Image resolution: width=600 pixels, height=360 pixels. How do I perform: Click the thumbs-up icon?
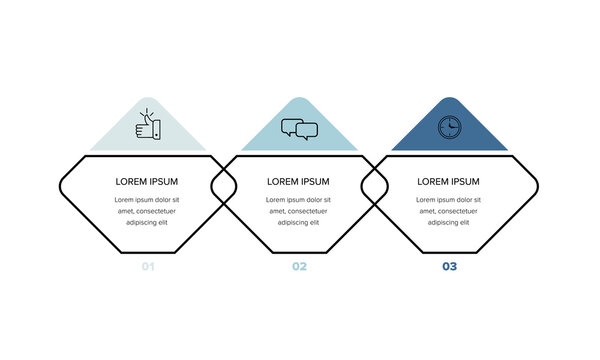click(x=150, y=128)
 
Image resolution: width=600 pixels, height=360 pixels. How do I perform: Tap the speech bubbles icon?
click(x=299, y=129)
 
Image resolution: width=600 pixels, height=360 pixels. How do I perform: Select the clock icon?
click(x=449, y=127)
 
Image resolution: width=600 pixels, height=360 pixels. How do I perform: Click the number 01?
click(x=148, y=267)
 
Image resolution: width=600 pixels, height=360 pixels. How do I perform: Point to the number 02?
click(x=299, y=267)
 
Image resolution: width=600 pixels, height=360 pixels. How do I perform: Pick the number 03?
click(x=449, y=267)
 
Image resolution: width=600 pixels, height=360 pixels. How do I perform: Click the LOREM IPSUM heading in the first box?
click(x=147, y=182)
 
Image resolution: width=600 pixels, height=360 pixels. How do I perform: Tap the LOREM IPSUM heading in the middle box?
click(x=298, y=182)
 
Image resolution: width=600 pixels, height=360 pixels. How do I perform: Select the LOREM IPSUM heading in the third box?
click(x=448, y=182)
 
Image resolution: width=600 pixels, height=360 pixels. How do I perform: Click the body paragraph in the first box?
click(x=147, y=211)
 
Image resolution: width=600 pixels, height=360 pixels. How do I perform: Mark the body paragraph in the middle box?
click(x=298, y=211)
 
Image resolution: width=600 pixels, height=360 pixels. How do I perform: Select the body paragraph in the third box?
click(x=448, y=211)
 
